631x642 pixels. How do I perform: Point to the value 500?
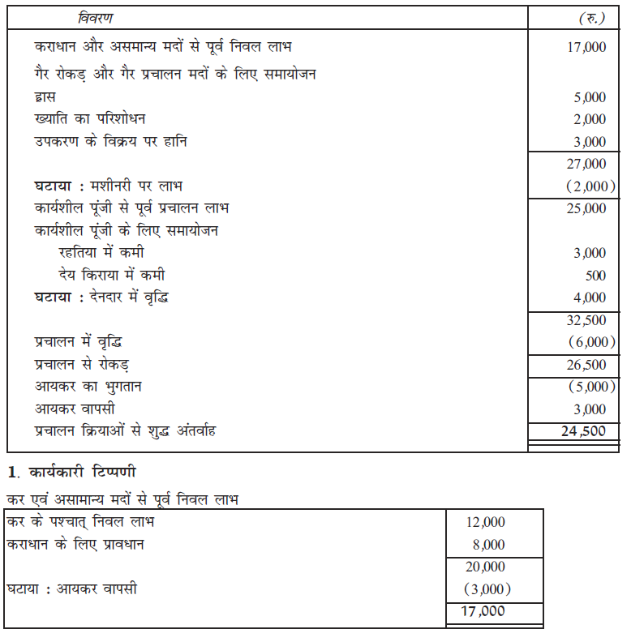coord(595,276)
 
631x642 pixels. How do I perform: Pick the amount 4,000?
coord(590,297)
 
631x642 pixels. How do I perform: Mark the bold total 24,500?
coord(583,431)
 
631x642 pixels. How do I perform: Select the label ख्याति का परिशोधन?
coord(89,119)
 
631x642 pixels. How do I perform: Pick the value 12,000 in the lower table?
coord(486,523)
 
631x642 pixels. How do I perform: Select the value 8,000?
coord(489,545)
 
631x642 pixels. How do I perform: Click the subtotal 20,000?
coord(486,567)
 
